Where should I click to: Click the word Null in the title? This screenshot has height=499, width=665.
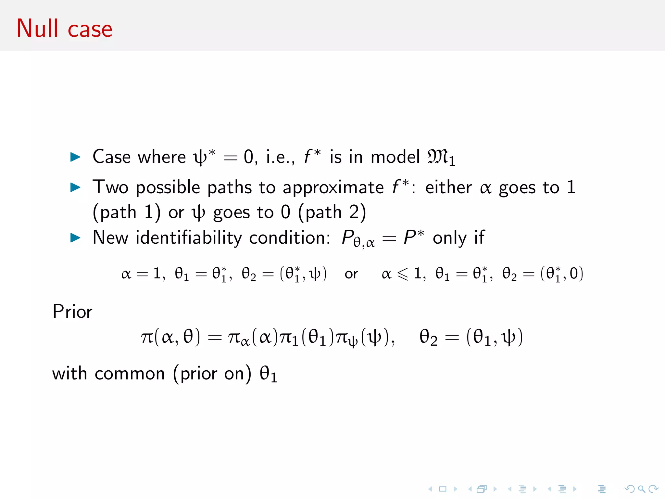point(37,29)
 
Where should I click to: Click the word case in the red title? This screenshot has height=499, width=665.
point(90,30)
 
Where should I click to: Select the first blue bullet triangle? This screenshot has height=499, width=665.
point(75,157)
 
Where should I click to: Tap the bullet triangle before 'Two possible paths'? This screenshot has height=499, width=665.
point(75,187)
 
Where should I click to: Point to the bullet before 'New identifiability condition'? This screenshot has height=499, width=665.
point(75,238)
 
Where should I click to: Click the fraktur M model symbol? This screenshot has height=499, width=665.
point(438,157)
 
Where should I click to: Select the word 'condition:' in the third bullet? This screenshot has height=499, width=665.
point(290,238)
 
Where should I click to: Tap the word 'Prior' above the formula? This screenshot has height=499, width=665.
point(72,312)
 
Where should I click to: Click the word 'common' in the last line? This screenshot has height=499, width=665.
point(130,374)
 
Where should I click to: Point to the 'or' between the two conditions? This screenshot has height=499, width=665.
point(351,274)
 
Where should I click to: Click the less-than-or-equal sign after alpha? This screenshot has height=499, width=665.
point(403,274)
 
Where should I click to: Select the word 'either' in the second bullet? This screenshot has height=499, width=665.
point(448,187)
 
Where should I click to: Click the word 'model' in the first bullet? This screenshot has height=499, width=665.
point(395,157)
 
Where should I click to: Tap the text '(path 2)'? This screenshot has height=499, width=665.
point(332,213)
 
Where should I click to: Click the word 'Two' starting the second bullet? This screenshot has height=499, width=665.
point(110,187)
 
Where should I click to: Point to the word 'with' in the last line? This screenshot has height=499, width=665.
point(69,374)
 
